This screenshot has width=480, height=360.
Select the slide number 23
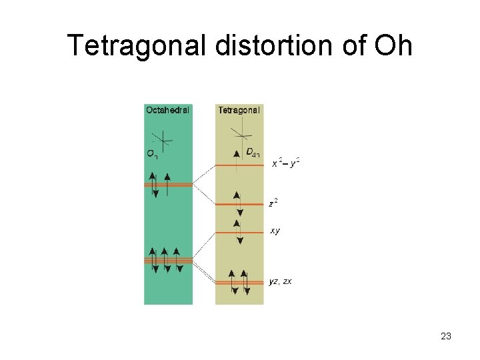[x=446, y=337]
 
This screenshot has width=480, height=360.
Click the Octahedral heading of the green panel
[x=167, y=110]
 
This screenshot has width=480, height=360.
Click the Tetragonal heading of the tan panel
[x=239, y=110]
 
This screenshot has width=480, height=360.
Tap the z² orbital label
[x=273, y=203]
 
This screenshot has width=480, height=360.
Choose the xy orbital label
[x=275, y=231]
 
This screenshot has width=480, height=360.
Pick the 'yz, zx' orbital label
[x=280, y=281]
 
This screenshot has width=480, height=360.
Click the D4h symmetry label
[x=253, y=153]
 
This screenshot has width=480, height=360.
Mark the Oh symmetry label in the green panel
[x=152, y=154]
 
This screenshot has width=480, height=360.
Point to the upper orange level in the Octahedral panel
[x=168, y=185]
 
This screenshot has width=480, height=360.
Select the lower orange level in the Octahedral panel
[x=168, y=260]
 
